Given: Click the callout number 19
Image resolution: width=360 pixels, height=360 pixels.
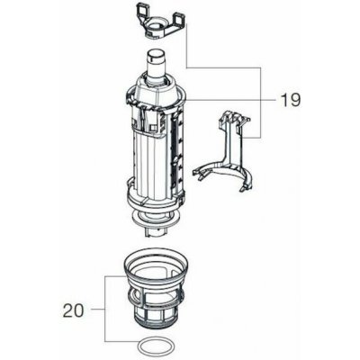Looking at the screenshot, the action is (x=290, y=100).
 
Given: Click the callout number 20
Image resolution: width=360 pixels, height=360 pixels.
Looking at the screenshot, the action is (x=73, y=310).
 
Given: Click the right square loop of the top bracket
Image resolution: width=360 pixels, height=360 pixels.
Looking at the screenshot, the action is (x=179, y=20).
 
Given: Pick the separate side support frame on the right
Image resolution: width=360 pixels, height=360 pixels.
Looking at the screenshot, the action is (x=224, y=151).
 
